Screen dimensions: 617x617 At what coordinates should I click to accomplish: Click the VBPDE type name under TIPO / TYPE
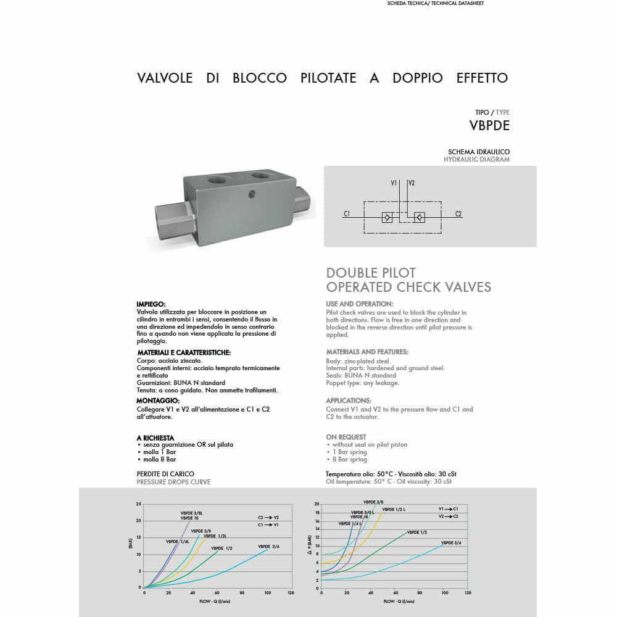point(489,125)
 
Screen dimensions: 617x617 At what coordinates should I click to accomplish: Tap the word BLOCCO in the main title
point(259,78)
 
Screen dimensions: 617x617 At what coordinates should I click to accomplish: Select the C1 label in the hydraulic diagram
point(347,214)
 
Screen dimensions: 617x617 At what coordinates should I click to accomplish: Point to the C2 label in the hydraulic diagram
point(458,214)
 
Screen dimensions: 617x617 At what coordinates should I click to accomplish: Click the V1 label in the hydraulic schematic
point(394,183)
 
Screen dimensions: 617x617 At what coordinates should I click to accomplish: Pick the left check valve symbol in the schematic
point(387,217)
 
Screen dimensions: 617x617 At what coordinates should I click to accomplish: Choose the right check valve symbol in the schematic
point(420,217)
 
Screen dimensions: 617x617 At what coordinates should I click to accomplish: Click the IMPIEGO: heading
point(151,304)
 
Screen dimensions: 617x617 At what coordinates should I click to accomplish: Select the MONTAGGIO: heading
point(158,400)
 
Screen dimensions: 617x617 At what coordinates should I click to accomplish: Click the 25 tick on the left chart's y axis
point(139,504)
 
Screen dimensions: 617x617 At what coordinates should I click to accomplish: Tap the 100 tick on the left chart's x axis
point(267,593)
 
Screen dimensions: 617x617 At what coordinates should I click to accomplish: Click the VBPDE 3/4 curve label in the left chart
point(268,547)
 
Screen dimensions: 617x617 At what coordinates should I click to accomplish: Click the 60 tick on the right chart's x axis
point(394,593)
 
